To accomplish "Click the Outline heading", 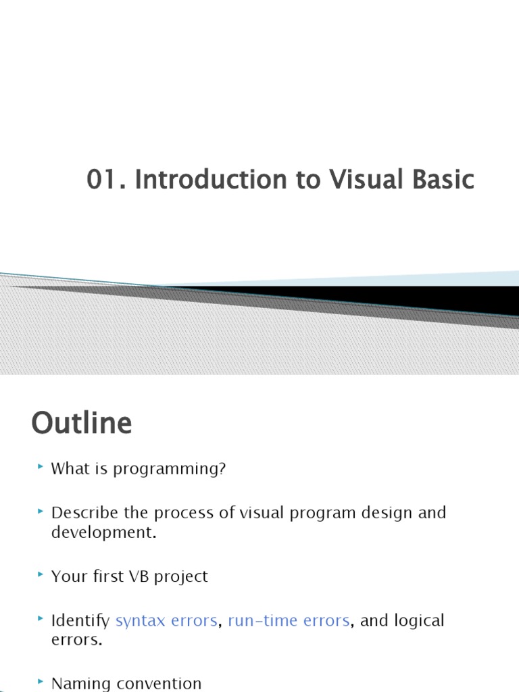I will [81, 424].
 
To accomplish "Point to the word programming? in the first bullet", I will [169, 469].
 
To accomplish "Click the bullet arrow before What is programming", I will [41, 467].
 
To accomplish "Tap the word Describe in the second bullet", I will [82, 512].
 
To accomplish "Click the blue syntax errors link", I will [166, 620].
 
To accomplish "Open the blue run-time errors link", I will [289, 620].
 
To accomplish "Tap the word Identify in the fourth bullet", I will [81, 620].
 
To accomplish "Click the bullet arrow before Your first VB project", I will [41, 574].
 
